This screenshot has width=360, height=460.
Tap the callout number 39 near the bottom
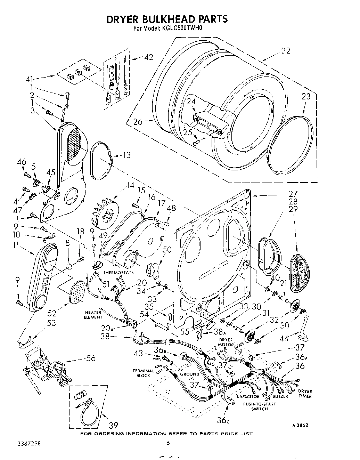point(113,425)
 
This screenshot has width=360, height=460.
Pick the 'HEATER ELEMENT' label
point(93,315)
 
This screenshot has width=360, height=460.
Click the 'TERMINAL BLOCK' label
point(143,373)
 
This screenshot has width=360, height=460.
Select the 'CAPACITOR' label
point(248,396)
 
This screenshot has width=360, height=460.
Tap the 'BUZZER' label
point(280,396)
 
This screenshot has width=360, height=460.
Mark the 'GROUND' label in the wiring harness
point(189,374)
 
